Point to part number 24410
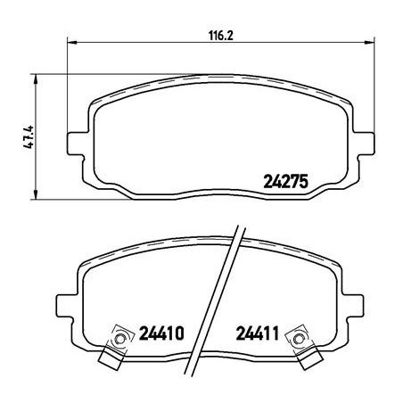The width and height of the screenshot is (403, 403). click(161, 334)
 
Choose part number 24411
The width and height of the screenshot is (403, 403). click(258, 334)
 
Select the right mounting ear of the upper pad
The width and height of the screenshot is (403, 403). click(362, 144)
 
